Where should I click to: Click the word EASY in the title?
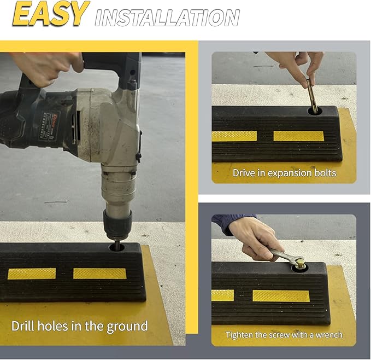(50, 14)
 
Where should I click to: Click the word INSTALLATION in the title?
(167, 18)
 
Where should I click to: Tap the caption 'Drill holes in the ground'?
(79, 327)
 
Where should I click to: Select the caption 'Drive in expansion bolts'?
(284, 173)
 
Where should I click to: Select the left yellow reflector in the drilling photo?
(32, 274)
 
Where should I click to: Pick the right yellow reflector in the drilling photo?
(100, 273)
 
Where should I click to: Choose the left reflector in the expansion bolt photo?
(234, 136)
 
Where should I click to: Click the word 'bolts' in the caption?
(324, 173)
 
